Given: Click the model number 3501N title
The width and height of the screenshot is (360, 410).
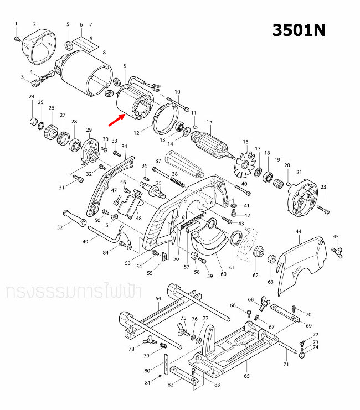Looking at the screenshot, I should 298,30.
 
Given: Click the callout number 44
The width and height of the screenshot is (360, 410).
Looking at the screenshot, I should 298,231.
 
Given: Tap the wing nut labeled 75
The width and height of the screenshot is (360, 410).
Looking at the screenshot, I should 184,329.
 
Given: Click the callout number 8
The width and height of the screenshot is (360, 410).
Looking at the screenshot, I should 104,52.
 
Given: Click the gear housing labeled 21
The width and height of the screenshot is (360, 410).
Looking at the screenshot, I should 303,199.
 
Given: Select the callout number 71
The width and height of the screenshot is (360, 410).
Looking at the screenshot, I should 286,365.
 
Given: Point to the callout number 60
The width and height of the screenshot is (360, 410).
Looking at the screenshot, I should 223,274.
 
